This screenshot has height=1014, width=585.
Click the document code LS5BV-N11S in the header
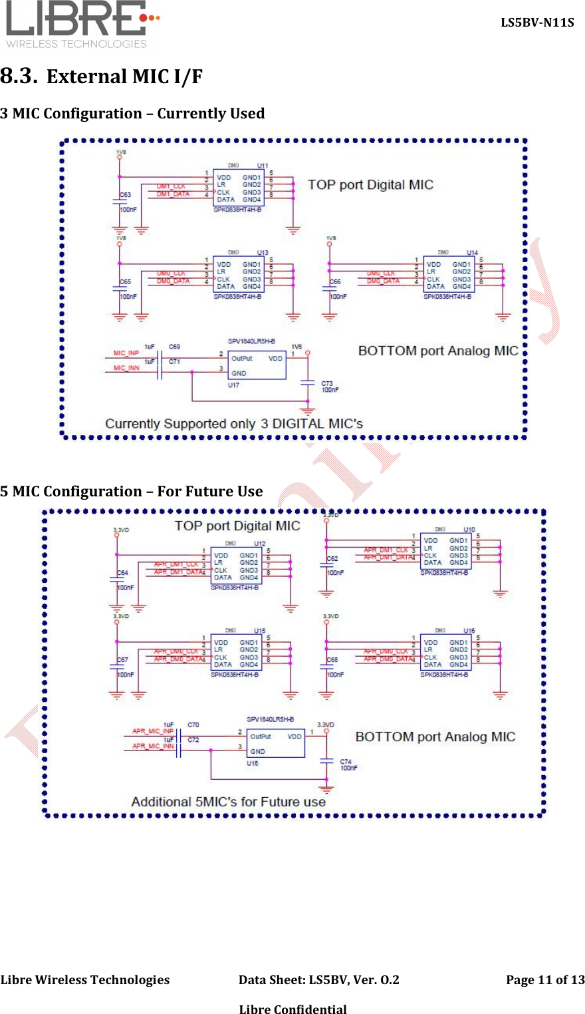[x=537, y=23]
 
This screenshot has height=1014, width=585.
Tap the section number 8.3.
[x=18, y=76]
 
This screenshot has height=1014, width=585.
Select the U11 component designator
[x=263, y=166]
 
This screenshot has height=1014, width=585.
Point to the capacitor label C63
[x=125, y=195]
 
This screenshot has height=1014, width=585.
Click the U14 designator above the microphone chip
[x=472, y=253]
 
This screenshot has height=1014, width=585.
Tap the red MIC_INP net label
[x=126, y=353]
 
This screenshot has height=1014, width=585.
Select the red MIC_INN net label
[x=126, y=368]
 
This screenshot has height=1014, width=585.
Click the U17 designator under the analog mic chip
[x=233, y=385]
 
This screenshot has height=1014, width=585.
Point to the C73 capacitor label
[x=327, y=383]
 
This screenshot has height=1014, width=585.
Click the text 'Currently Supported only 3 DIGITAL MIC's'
[x=234, y=424]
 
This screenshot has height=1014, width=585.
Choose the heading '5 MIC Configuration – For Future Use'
[x=132, y=492]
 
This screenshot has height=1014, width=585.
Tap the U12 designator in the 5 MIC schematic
[x=260, y=544]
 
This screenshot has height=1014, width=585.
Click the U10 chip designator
[x=469, y=530]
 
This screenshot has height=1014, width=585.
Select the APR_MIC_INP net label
[x=153, y=731]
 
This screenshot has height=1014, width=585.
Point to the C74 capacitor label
[x=346, y=761]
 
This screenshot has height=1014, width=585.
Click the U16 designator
[x=469, y=631]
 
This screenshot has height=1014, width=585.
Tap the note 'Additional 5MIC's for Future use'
[x=228, y=802]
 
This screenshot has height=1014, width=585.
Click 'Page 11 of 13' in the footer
[x=545, y=979]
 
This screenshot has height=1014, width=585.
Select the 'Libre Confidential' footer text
[x=292, y=1009]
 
